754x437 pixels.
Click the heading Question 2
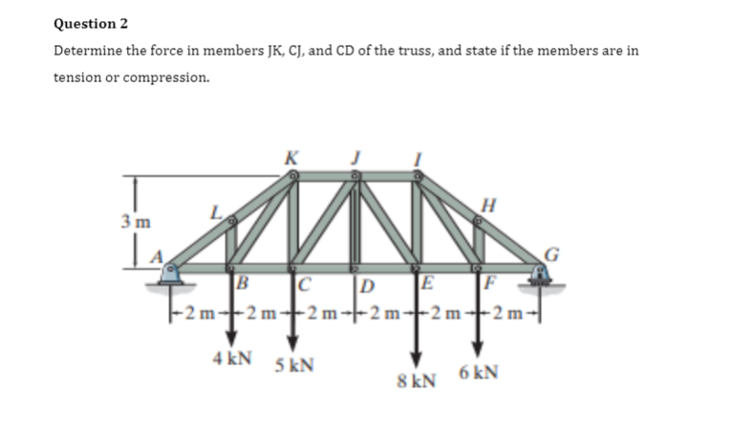point(91,23)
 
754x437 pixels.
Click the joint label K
point(291,157)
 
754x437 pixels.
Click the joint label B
point(243,283)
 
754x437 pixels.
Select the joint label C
point(305,283)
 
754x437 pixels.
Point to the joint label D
point(367,283)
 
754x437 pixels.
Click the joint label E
point(427,282)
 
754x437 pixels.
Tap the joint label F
point(491,283)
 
